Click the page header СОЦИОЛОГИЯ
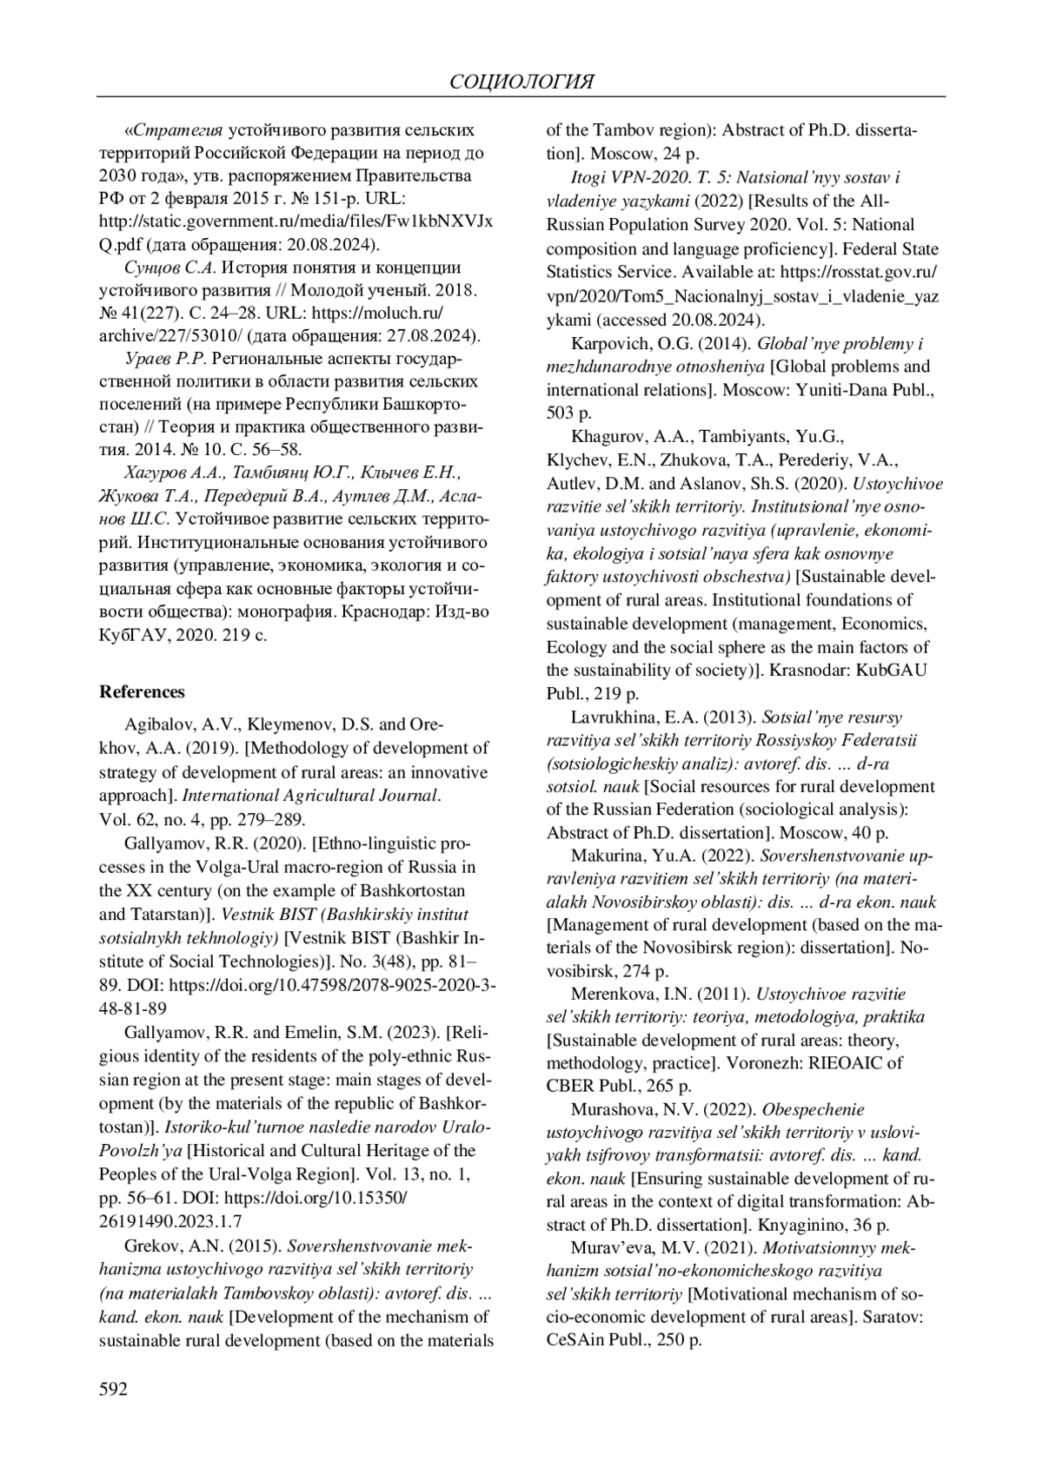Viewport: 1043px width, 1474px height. point(522,83)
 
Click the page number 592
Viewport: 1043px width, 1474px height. point(114,1390)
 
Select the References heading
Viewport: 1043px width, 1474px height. point(143,692)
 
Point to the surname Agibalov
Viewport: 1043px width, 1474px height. point(157,724)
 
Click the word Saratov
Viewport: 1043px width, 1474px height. point(891,1317)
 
